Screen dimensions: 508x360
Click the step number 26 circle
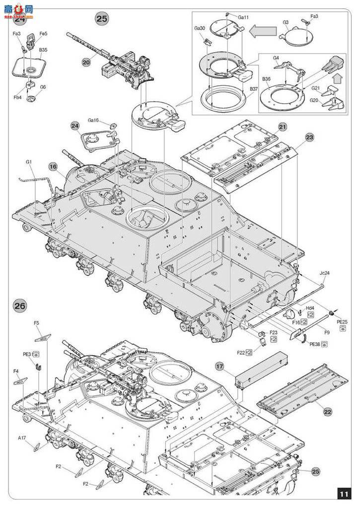point(20,306)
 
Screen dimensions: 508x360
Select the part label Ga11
point(243,17)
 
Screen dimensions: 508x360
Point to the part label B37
point(253,89)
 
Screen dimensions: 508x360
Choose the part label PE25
point(342,322)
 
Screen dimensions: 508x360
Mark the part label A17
point(22,438)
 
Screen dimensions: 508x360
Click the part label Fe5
point(44,34)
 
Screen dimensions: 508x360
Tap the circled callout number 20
point(86,62)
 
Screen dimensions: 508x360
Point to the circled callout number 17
point(221,367)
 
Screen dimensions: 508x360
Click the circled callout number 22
point(327,411)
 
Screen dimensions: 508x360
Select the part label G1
point(29,162)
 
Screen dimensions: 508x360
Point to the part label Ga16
point(93,120)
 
